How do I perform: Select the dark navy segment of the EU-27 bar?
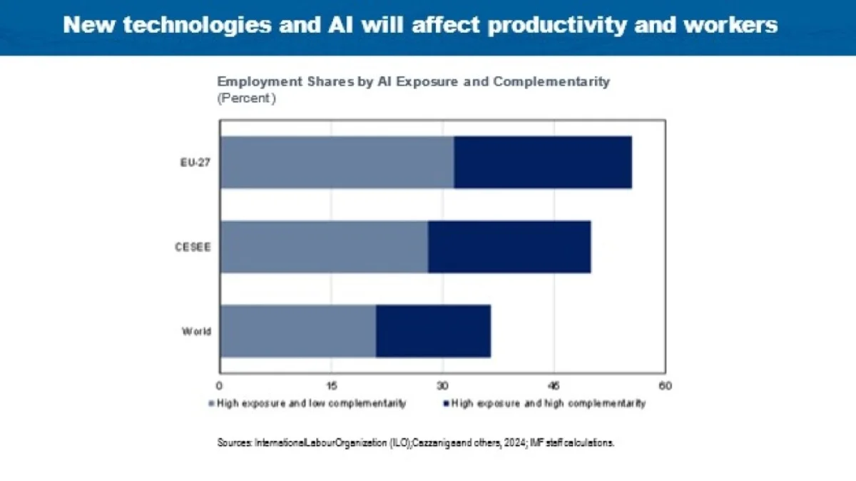pos(543,163)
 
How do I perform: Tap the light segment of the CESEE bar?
pos(324,246)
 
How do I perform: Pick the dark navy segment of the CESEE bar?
pos(509,246)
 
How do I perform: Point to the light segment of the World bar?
pos(298,330)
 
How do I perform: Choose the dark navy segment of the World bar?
pos(433,330)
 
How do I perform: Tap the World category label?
pos(196,331)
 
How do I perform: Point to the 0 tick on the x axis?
pos(220,386)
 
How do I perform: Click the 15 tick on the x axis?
pos(331,386)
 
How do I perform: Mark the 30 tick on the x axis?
pos(442,386)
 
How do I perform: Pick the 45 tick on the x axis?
pos(554,386)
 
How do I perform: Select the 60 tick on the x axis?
pos(665,386)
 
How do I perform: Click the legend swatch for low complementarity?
pos(211,404)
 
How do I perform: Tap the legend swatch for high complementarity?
pos(446,404)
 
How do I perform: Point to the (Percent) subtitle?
pos(246,98)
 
